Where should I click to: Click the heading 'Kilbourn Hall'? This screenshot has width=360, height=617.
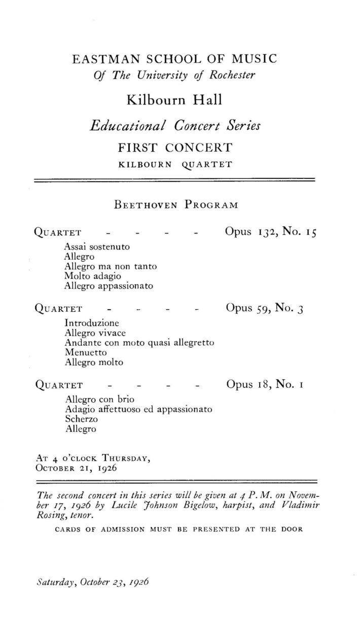[x=174, y=99]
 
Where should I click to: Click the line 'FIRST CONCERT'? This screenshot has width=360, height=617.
[x=174, y=148]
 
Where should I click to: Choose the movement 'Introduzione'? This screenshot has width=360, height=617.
[x=92, y=323]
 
